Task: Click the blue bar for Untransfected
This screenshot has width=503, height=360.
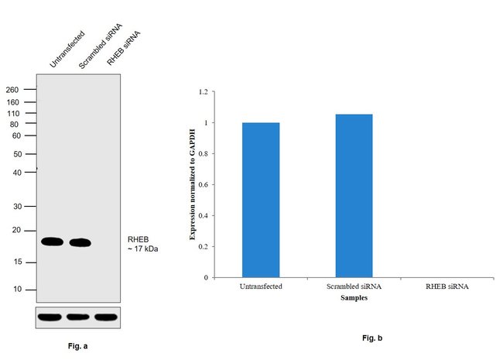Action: [x=261, y=199]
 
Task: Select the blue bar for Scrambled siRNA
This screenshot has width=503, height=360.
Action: [x=354, y=195]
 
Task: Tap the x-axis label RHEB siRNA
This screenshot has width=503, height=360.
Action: [x=447, y=286]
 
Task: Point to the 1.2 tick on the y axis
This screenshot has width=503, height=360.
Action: [x=204, y=91]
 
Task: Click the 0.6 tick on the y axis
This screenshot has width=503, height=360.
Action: [x=204, y=184]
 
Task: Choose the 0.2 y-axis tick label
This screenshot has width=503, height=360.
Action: [x=204, y=246]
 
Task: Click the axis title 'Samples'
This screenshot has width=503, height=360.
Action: [x=354, y=297]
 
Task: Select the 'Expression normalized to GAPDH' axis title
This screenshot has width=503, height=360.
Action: [x=193, y=185]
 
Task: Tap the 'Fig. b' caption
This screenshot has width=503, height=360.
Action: [x=372, y=338]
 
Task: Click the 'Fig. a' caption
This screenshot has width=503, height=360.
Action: [x=78, y=346]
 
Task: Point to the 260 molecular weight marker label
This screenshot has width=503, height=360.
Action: [x=12, y=90]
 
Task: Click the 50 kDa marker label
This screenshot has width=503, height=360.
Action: [x=17, y=154]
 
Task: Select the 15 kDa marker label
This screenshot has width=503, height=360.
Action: [x=17, y=262]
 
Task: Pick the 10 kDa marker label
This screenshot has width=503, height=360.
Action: [x=17, y=290]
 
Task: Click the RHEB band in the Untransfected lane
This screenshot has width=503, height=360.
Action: [x=52, y=242]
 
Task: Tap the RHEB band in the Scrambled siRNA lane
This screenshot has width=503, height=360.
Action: [x=80, y=242]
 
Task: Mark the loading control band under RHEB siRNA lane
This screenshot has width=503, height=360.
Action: [x=106, y=317]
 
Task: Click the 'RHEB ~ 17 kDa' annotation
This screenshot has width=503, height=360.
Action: [x=142, y=244]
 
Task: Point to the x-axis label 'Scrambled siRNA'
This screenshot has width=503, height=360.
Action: [x=354, y=286]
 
